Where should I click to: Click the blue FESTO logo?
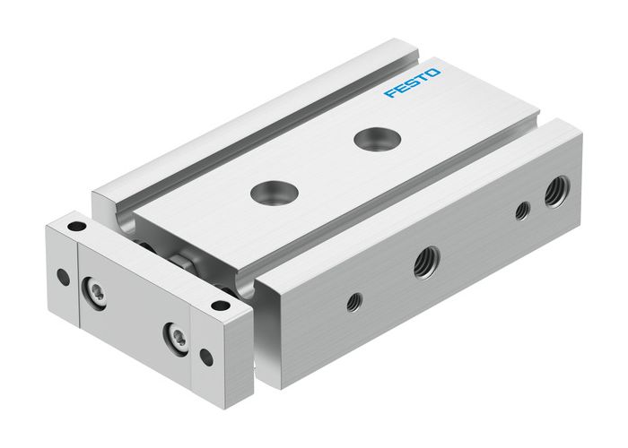coord(412,81)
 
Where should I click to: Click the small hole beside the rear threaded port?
coord(521,211)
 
